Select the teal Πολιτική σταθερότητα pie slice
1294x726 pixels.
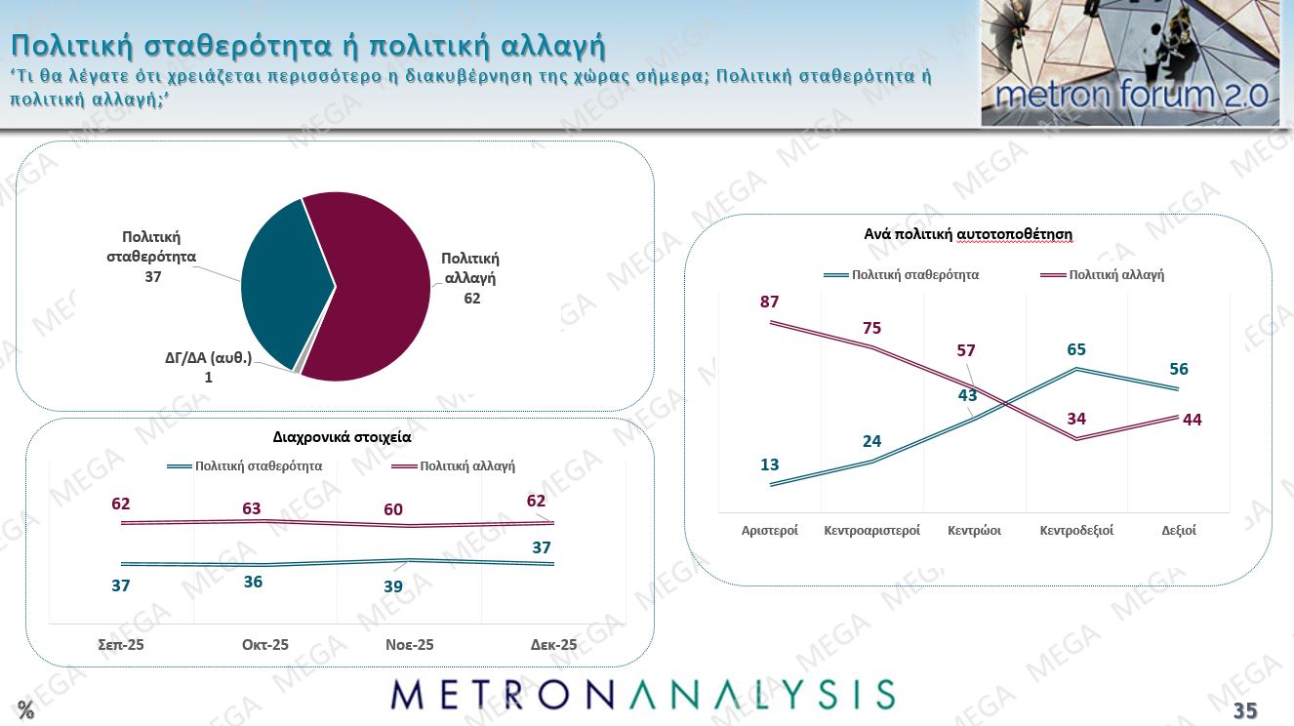283,283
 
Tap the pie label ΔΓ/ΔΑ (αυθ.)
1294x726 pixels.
208,358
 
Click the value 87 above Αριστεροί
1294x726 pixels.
769,302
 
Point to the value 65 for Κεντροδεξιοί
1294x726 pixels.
1076,349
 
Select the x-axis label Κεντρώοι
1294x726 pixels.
974,531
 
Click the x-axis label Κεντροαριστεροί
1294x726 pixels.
871,531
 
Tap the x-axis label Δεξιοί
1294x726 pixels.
1179,531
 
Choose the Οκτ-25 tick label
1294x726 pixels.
265,645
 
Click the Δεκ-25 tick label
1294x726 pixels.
553,645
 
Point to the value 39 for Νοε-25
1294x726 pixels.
393,586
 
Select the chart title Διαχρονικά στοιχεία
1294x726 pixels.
342,437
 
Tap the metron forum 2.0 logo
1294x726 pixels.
1130,63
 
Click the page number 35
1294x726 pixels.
1245,710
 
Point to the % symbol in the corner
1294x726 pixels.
25,710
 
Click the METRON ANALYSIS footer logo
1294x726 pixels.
643,694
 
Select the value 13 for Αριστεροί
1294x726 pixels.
769,464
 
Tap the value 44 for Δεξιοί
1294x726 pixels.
1192,420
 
